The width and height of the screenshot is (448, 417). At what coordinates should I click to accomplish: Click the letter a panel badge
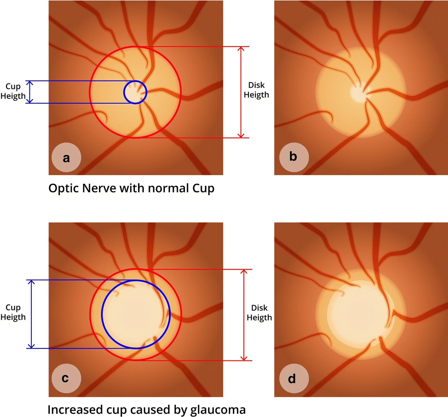pos(66,157)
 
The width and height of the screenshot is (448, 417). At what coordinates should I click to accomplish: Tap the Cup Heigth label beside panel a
pos(13,91)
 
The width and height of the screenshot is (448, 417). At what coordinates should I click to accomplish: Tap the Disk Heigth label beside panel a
pos(256,90)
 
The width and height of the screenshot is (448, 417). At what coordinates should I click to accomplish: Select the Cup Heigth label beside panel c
pos(13,312)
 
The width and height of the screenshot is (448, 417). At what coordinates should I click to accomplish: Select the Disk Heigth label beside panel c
pos(259,312)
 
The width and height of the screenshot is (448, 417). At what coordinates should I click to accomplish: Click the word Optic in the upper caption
pos(64,188)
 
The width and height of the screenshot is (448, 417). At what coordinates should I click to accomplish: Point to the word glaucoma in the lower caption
pos(218,410)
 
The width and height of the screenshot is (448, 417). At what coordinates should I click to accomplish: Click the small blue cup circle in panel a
pos(135,92)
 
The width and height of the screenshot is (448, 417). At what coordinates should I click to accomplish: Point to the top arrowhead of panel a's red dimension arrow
pos(241,48)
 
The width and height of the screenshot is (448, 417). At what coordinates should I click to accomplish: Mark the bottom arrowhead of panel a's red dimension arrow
pos(241,136)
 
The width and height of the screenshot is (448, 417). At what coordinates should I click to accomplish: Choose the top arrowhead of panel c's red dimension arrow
pos(244,271)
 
